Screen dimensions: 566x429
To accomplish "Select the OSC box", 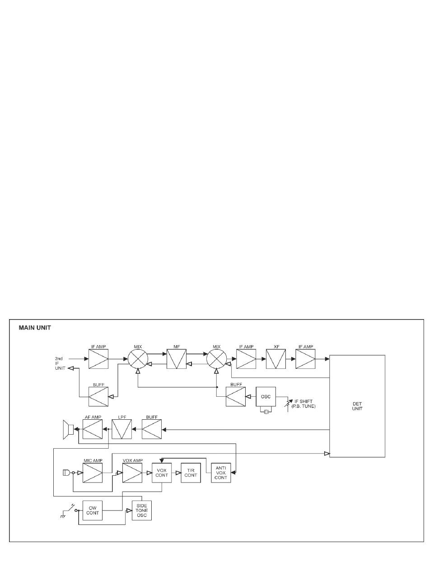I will tap(266, 397).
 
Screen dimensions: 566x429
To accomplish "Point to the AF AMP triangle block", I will tap(92, 429).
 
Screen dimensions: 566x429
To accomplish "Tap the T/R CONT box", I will tap(191, 473).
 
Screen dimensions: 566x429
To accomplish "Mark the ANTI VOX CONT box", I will tap(221, 473).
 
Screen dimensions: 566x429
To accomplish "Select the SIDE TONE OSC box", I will tap(142, 510).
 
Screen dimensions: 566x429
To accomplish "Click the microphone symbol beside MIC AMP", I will tap(65, 473).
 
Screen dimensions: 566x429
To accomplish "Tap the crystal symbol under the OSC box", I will tap(266, 411).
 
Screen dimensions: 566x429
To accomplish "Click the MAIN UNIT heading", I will tap(34, 328).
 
